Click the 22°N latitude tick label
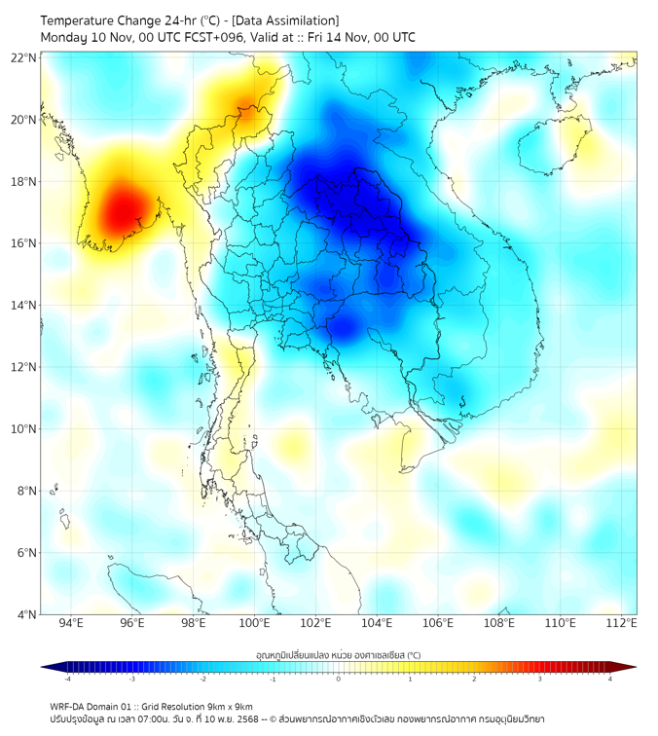[23, 58]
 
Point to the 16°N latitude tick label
[23, 243]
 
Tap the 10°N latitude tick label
[23, 428]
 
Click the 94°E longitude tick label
[71, 623]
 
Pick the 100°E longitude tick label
[254, 623]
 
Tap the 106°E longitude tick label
[438, 623]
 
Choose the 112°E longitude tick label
[621, 623]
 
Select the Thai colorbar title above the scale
[338, 654]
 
